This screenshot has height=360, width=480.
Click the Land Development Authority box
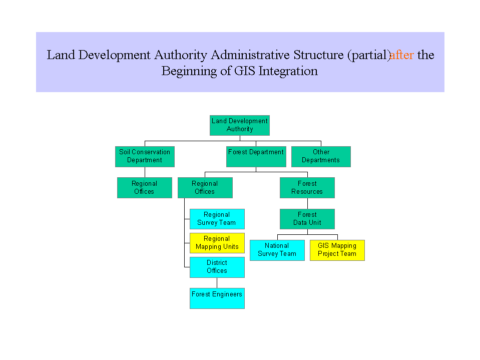[x=239, y=125]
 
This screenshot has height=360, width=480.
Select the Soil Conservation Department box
[x=145, y=156]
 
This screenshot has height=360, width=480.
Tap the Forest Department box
[x=256, y=156]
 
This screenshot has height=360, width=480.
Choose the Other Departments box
[x=321, y=156]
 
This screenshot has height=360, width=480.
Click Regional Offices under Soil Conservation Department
[x=144, y=188]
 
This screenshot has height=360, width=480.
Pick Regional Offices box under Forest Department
[x=205, y=188]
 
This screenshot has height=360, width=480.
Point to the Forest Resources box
[x=307, y=188]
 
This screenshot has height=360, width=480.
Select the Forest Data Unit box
[x=307, y=219]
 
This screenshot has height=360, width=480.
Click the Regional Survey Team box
[x=217, y=219]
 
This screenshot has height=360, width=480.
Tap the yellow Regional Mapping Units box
[x=217, y=243]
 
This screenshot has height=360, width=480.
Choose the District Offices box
[x=217, y=267]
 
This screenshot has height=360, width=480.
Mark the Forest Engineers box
[x=217, y=298]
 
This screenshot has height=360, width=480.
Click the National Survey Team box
[x=277, y=250]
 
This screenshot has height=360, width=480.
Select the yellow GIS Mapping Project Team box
[x=337, y=250]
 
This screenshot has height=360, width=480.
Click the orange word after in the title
[x=402, y=55]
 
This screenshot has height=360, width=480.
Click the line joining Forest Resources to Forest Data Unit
[x=307, y=203]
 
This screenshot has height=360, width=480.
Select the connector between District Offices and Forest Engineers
[x=217, y=283]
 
